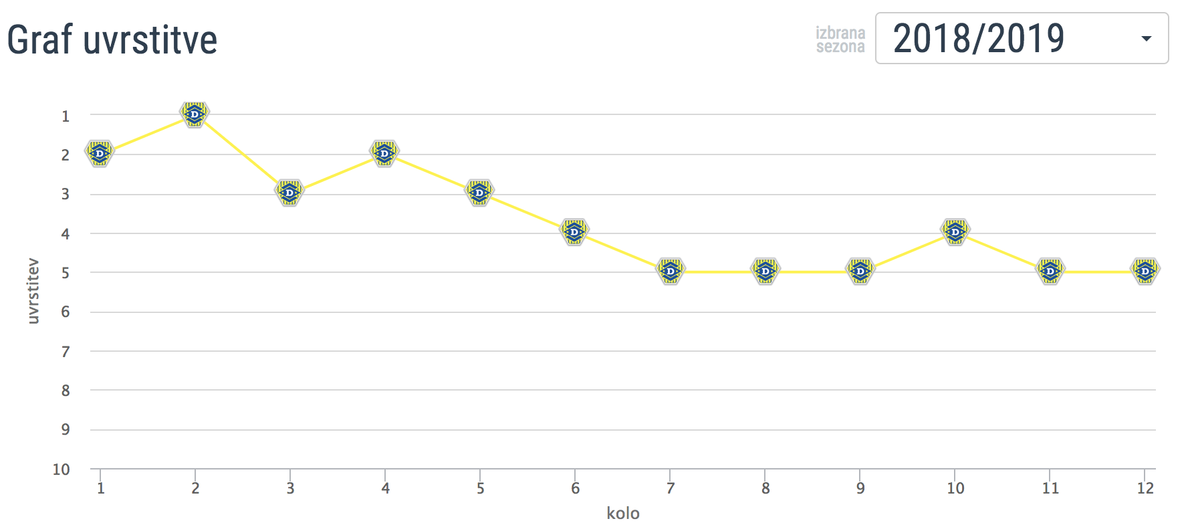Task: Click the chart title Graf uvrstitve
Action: click(x=112, y=39)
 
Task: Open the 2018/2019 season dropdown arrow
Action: click(x=1146, y=39)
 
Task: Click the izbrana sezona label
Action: click(x=840, y=39)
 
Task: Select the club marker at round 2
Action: click(x=195, y=114)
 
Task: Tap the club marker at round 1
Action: click(x=100, y=153)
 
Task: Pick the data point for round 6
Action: click(x=574, y=231)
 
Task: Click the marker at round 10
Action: click(x=955, y=231)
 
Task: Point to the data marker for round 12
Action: click(x=1145, y=271)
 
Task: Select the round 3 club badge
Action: click(x=289, y=193)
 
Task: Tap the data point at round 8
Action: click(x=765, y=271)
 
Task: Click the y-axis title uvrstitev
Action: click(x=33, y=292)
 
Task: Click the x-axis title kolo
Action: click(x=623, y=513)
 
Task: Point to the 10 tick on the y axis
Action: click(x=62, y=469)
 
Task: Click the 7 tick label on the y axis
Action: click(x=66, y=352)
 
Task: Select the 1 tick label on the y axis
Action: click(x=66, y=116)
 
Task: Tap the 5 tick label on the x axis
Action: click(x=481, y=488)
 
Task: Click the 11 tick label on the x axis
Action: click(x=1050, y=488)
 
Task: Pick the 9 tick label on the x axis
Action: click(x=860, y=488)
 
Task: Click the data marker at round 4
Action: click(x=384, y=153)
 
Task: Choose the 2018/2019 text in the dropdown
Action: click(x=979, y=39)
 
